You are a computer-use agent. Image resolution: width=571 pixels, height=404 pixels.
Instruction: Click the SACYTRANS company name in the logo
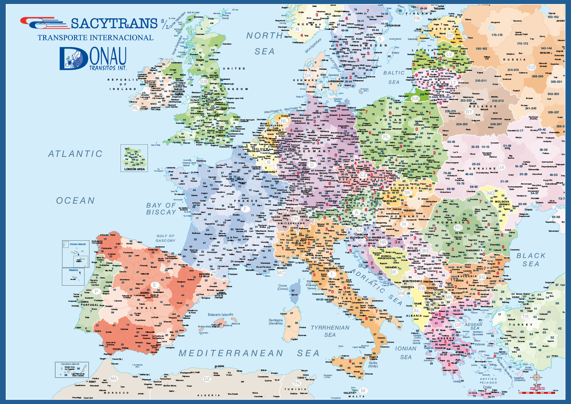[x=114, y=24]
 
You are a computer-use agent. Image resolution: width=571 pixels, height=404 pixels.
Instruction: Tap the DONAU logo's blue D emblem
[x=74, y=58]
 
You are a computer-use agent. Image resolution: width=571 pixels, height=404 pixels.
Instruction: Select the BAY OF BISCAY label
[x=161, y=209]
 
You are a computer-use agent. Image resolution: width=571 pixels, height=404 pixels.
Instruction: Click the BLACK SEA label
[x=531, y=260]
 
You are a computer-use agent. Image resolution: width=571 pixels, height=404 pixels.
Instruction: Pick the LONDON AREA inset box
[x=134, y=158]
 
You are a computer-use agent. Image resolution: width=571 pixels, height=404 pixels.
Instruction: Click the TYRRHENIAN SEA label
[x=330, y=331]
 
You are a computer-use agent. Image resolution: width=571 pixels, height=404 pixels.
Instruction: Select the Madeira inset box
[x=73, y=277]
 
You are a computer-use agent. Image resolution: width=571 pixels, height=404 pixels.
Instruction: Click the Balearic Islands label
[x=220, y=315]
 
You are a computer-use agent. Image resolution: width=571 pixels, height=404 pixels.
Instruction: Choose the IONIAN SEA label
[x=406, y=353]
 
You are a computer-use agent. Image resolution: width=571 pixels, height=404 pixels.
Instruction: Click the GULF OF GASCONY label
[x=166, y=238]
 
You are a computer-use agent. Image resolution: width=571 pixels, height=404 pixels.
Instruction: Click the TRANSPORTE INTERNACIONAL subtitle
[x=95, y=38]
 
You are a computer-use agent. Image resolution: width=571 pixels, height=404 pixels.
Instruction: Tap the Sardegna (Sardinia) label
[x=276, y=322]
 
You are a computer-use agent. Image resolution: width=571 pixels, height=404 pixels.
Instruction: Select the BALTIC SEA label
[x=394, y=77]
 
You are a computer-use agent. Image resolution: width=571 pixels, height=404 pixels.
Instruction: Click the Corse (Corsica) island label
[x=283, y=287]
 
